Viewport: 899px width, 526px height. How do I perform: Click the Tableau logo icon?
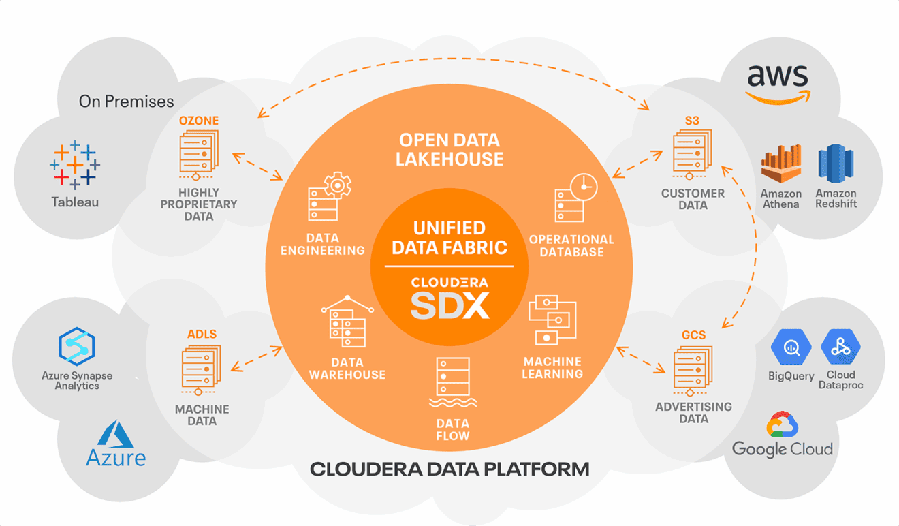tap(75, 165)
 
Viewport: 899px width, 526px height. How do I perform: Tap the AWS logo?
tap(777, 84)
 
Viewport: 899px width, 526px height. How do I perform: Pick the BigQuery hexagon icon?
tap(791, 347)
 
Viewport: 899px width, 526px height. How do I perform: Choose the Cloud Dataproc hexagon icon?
tap(840, 347)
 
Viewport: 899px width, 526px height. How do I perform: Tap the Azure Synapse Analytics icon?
tap(76, 346)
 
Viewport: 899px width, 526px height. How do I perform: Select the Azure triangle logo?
tap(115, 434)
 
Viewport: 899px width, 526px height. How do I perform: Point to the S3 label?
tap(692, 121)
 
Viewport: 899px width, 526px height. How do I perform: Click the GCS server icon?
tap(693, 371)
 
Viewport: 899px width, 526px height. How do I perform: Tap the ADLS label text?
tap(202, 334)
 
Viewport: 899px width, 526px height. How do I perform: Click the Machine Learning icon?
tap(552, 320)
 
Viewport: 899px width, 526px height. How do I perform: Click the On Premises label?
tap(126, 102)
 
